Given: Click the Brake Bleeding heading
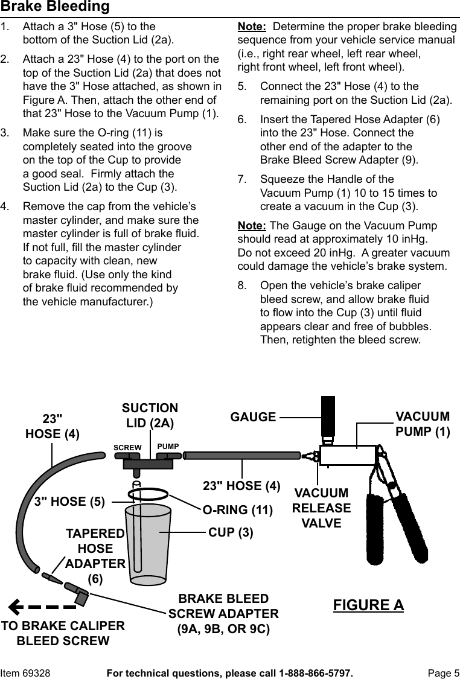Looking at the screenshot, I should tap(55, 7).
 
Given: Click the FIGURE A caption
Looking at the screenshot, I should tap(368, 605).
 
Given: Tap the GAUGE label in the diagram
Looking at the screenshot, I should tap(254, 417).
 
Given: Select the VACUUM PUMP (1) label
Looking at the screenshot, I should tap(423, 424).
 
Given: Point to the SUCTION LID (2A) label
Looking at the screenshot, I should tap(150, 416).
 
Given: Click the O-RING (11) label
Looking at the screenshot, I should tap(238, 510).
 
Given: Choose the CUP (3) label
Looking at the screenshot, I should tap(231, 533).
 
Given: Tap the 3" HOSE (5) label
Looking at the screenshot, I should tap(70, 501).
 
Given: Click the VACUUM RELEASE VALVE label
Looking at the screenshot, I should tap(321, 508).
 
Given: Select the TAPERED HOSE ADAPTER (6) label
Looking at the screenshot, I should tap(95, 556).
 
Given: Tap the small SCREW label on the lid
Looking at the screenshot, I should tap(127, 447).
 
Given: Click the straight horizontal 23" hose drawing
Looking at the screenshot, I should tap(242, 456).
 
